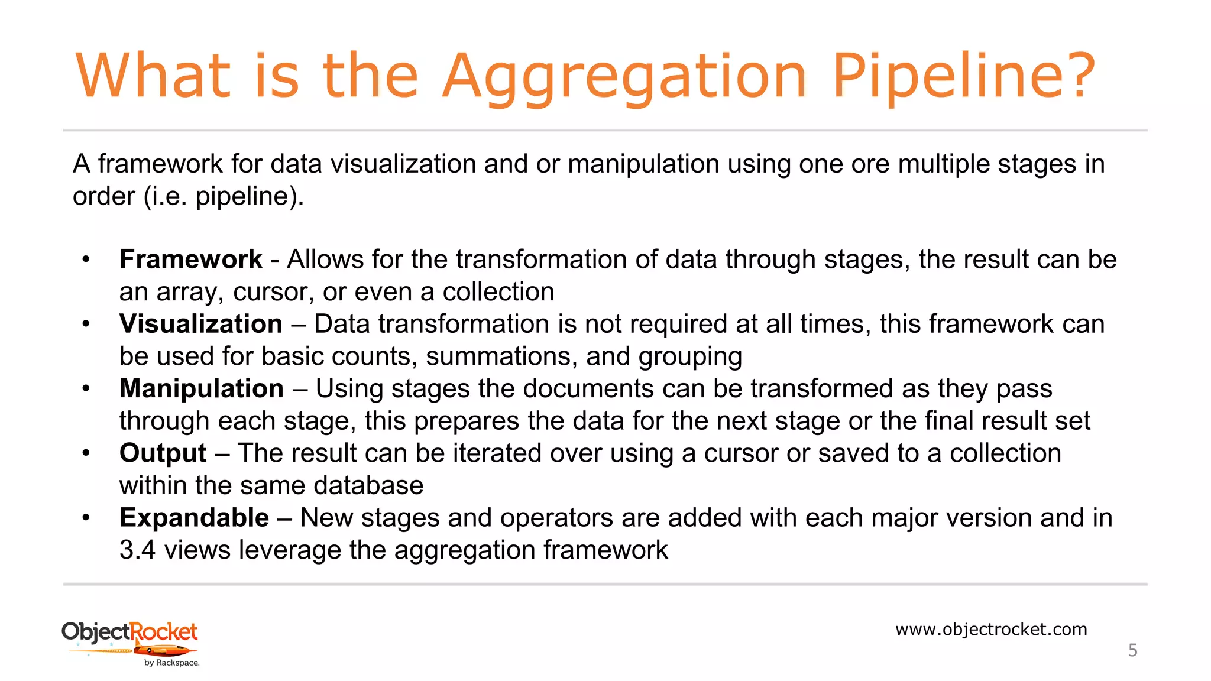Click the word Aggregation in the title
pos(624,77)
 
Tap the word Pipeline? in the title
pos(964,77)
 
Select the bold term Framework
pos(190,260)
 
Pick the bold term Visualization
pos(201,324)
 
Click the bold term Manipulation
pos(202,388)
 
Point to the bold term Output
pos(163,453)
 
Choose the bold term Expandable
pos(194,518)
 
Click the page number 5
pos(1132,650)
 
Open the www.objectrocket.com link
pos(991,629)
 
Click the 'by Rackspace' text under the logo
pos(171,663)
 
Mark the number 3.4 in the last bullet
pos(137,550)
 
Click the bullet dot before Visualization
pos(86,324)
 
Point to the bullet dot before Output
pos(86,453)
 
